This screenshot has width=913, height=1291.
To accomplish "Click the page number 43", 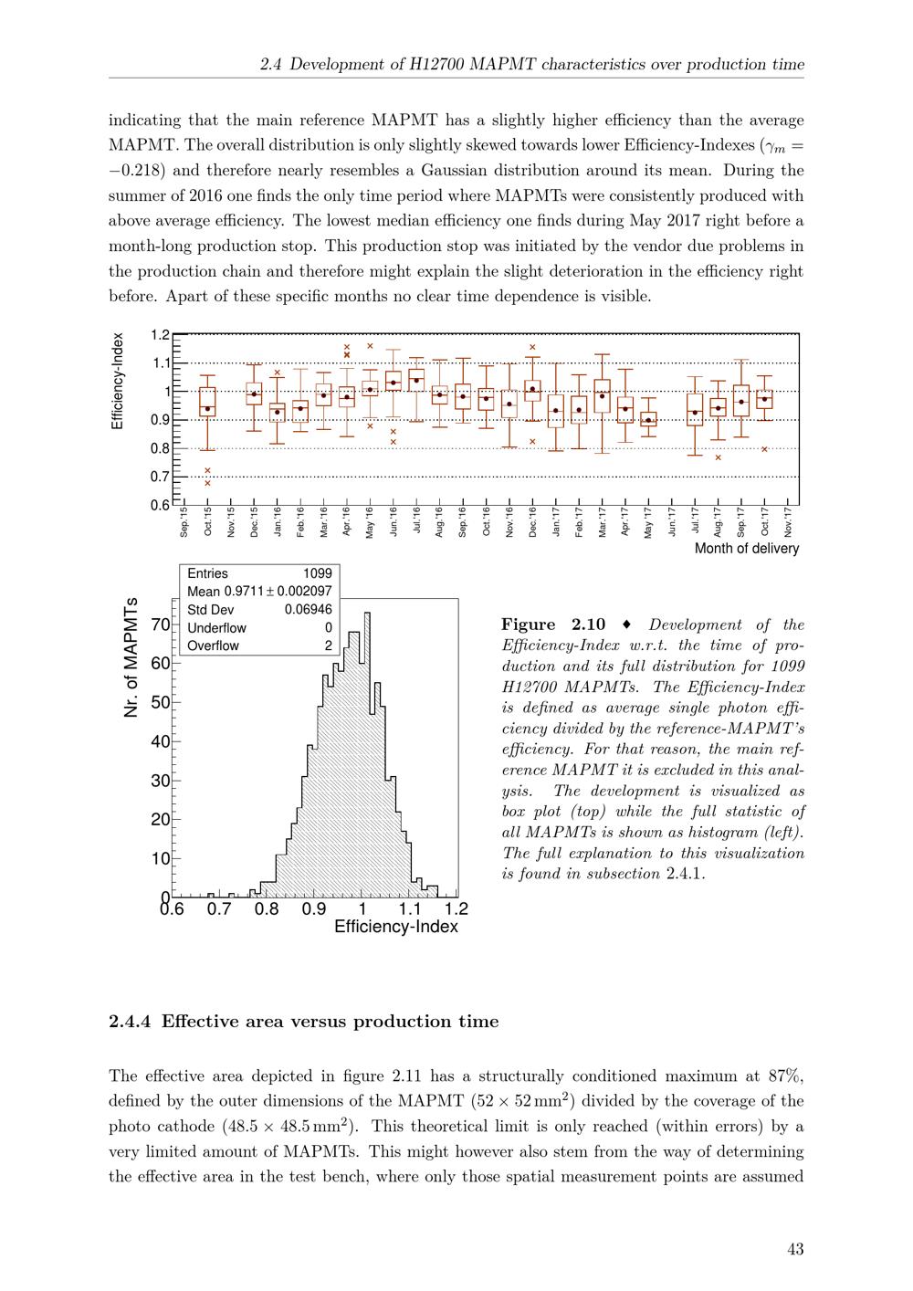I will point(794,1249).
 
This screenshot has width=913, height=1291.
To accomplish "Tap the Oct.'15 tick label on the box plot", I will point(207,522).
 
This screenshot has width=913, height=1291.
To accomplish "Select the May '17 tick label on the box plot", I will point(648,522).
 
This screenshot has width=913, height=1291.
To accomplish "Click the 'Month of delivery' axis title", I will point(746,549).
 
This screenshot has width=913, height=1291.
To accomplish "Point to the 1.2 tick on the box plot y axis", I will point(161,335).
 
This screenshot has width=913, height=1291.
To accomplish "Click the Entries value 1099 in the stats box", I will point(317,573).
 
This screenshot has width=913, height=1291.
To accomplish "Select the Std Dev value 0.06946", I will point(309,610).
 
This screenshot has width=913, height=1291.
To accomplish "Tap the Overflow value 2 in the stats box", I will point(328,645).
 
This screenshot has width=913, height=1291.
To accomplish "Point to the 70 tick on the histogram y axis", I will point(160,625).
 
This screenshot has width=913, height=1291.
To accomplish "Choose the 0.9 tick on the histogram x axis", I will point(314,909).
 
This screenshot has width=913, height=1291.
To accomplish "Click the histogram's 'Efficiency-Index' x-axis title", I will point(396,927).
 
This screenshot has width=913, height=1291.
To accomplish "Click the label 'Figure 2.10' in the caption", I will point(552,625).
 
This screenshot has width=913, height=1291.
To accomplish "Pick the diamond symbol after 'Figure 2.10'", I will point(625,625).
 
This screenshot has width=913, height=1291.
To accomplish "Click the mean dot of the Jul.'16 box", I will point(416,381).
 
